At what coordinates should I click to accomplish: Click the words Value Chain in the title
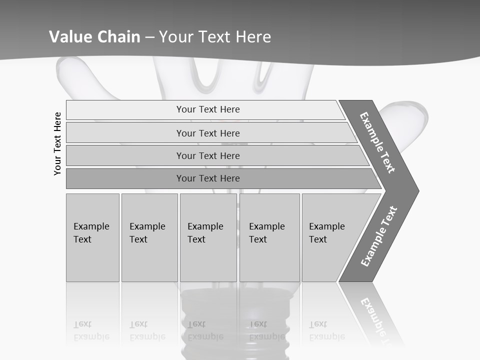[94, 36]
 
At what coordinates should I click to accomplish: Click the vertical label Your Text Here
[57, 143]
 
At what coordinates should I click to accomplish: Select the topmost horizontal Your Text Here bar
[208, 109]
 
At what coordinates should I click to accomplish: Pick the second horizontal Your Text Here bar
[208, 133]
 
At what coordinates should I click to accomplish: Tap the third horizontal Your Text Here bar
[208, 155]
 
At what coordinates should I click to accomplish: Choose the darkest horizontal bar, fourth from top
[208, 178]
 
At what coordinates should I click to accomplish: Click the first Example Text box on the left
[92, 237]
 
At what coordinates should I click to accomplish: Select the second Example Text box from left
[149, 237]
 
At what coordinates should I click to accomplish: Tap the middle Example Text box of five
[208, 237]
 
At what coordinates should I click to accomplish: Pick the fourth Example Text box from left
[269, 237]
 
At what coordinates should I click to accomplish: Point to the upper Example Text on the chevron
[377, 142]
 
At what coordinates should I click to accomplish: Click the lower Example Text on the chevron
[379, 236]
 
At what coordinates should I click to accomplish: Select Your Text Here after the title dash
[215, 36]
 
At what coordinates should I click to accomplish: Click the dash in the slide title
[149, 36]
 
